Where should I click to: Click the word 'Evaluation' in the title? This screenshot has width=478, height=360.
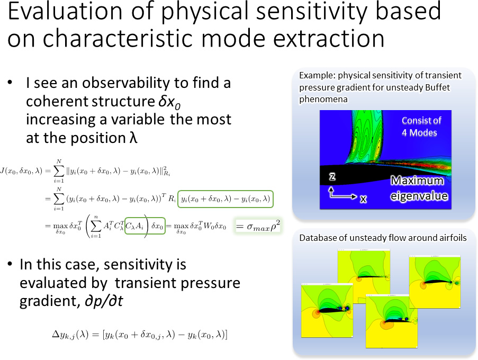(65, 11)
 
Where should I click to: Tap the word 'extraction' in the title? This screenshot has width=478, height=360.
(328, 39)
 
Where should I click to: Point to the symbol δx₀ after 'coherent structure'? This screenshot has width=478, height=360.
(169, 102)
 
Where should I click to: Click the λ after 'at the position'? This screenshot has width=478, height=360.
(133, 138)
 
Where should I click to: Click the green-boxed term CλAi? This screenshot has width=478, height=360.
(134, 226)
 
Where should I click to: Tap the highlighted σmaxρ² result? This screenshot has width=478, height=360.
(258, 226)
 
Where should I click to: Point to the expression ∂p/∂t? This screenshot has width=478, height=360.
(104, 301)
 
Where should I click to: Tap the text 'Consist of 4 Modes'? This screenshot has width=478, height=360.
(421, 127)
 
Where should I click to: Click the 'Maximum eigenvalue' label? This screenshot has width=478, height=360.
(419, 188)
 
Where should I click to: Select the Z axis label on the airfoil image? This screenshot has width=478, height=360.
(332, 176)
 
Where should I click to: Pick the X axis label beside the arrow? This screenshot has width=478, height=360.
(363, 199)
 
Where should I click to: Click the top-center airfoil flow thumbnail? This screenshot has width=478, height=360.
(364, 276)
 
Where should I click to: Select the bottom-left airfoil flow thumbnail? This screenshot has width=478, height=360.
(327, 311)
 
